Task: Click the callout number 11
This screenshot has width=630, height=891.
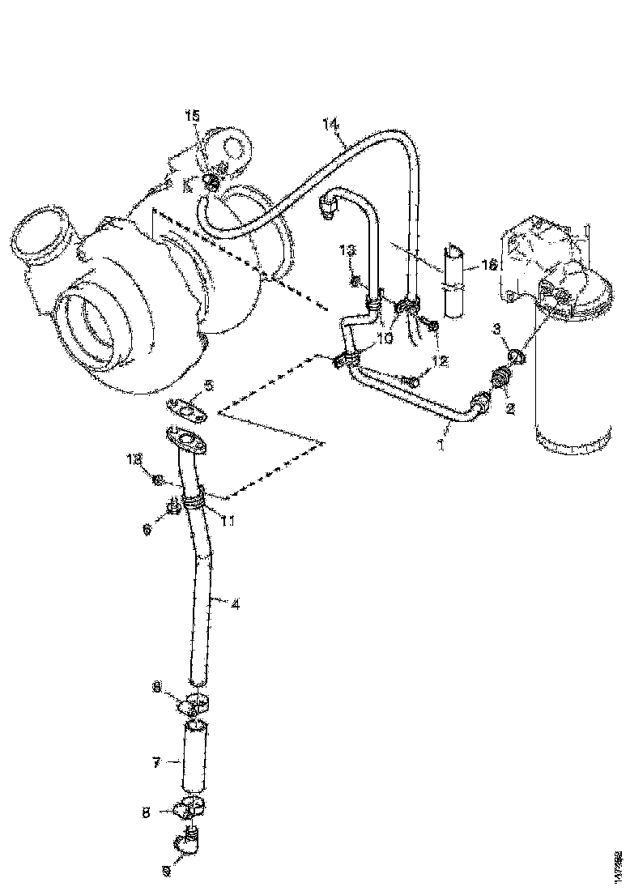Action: tap(228, 522)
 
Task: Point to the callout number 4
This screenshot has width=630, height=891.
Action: tap(235, 603)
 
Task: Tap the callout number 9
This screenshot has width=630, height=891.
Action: tap(168, 872)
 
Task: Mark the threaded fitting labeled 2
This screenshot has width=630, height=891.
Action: tap(502, 377)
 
